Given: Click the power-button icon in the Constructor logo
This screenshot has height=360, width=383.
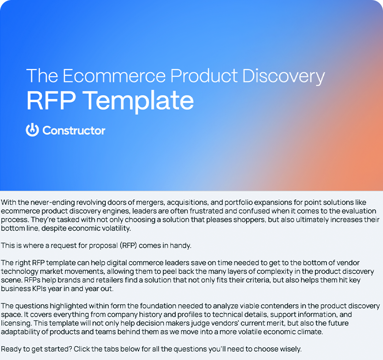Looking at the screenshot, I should (x=32, y=130).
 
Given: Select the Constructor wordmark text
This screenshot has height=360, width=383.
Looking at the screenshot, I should (x=74, y=130).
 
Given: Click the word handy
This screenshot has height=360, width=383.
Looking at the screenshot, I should (x=181, y=245).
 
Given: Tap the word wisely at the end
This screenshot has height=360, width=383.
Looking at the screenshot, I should (x=289, y=349).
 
